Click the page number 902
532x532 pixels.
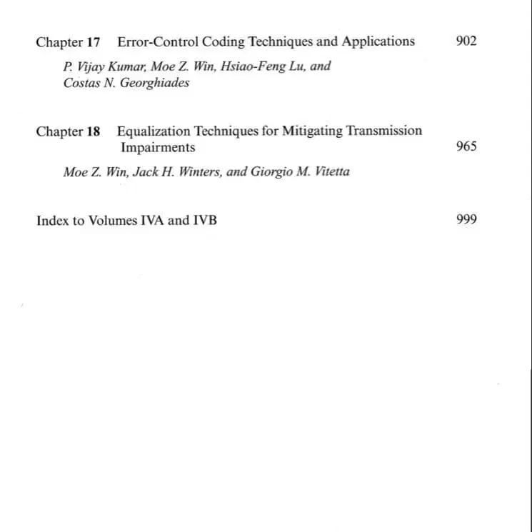click(466, 41)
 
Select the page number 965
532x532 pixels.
click(466, 147)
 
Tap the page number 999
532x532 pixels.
click(466, 220)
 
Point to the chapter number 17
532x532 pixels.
click(94, 42)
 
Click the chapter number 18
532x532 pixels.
click(94, 131)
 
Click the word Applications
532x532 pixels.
click(378, 41)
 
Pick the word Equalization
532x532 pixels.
click(154, 131)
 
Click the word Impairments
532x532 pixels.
click(158, 148)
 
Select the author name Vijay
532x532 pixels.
click(89, 67)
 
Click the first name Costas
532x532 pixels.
click(81, 83)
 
